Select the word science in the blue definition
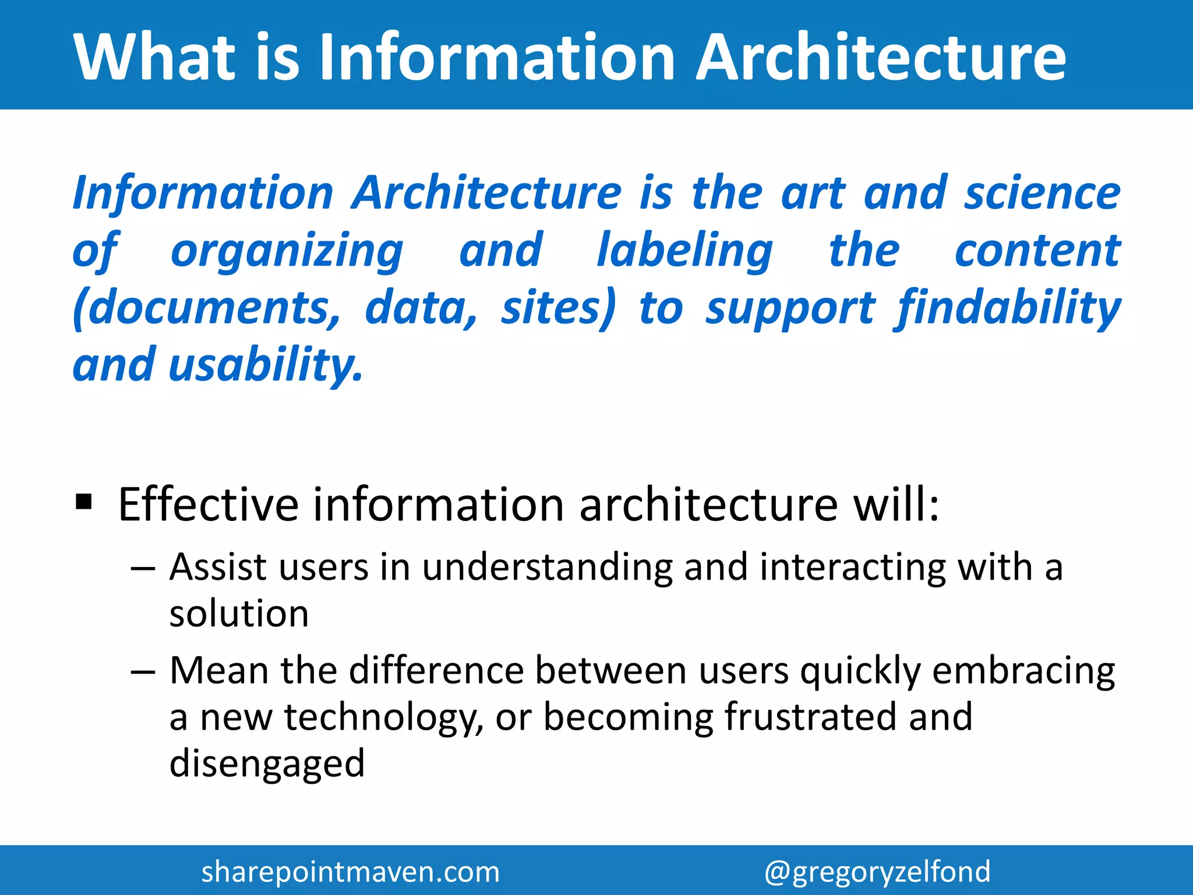(x=1042, y=193)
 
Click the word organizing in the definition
(x=287, y=251)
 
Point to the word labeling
(x=684, y=251)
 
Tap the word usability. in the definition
(x=266, y=365)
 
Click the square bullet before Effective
(x=84, y=501)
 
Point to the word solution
(x=239, y=614)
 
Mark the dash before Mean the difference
(x=143, y=672)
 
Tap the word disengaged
(x=267, y=764)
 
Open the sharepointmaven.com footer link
(x=350, y=872)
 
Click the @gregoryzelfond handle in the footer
(x=877, y=872)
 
